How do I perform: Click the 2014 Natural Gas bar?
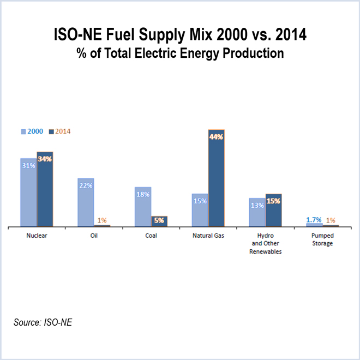point(217,180)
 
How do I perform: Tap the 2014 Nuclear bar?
point(45,191)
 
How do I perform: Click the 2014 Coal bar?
point(159,221)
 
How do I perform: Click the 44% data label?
point(217,137)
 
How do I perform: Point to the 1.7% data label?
point(314,220)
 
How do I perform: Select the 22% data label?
point(86,185)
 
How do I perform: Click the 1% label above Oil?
point(102,220)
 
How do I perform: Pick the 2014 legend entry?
point(59,131)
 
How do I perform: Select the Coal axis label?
point(151,236)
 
